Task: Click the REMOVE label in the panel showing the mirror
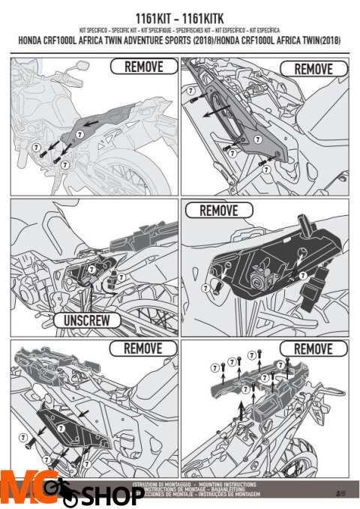(x=142, y=67)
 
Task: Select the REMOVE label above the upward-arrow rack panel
(x=313, y=349)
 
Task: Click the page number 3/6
(x=340, y=492)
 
